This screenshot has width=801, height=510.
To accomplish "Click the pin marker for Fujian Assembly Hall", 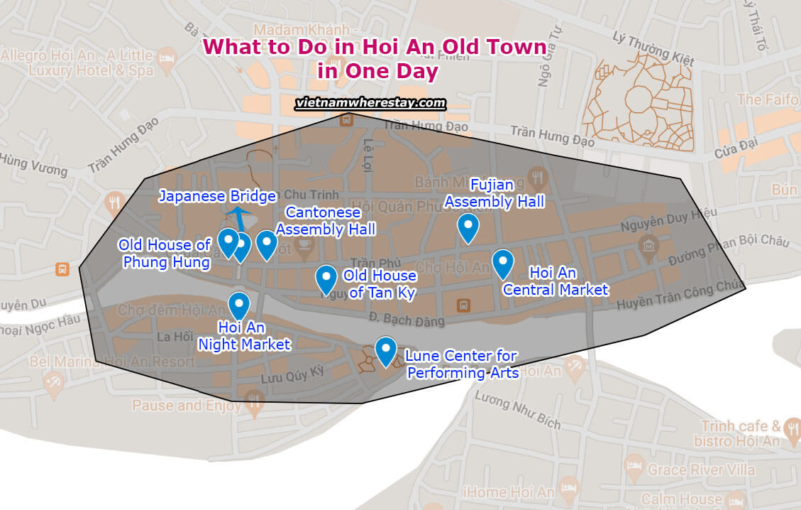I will pyautogui.click(x=468, y=227).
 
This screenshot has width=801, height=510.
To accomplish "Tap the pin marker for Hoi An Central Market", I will pyautogui.click(x=502, y=262).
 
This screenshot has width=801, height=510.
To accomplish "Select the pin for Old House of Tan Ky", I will pyautogui.click(x=326, y=278).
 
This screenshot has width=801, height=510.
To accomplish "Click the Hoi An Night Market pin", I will pyautogui.click(x=239, y=304).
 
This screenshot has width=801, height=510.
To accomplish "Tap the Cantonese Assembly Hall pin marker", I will pyautogui.click(x=266, y=244).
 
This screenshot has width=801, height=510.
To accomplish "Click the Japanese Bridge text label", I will pyautogui.click(x=216, y=197).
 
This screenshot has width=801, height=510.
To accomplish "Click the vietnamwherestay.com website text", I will pyautogui.click(x=370, y=103).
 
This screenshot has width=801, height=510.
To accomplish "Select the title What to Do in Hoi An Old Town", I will pyautogui.click(x=375, y=47).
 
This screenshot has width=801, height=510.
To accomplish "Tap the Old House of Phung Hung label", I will pyautogui.click(x=165, y=254).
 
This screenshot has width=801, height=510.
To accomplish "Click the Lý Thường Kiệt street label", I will pyautogui.click(x=653, y=49).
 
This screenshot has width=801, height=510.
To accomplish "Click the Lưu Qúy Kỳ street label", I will pyautogui.click(x=292, y=374).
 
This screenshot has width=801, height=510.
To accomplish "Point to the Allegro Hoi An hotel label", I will pyautogui.click(x=77, y=63).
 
